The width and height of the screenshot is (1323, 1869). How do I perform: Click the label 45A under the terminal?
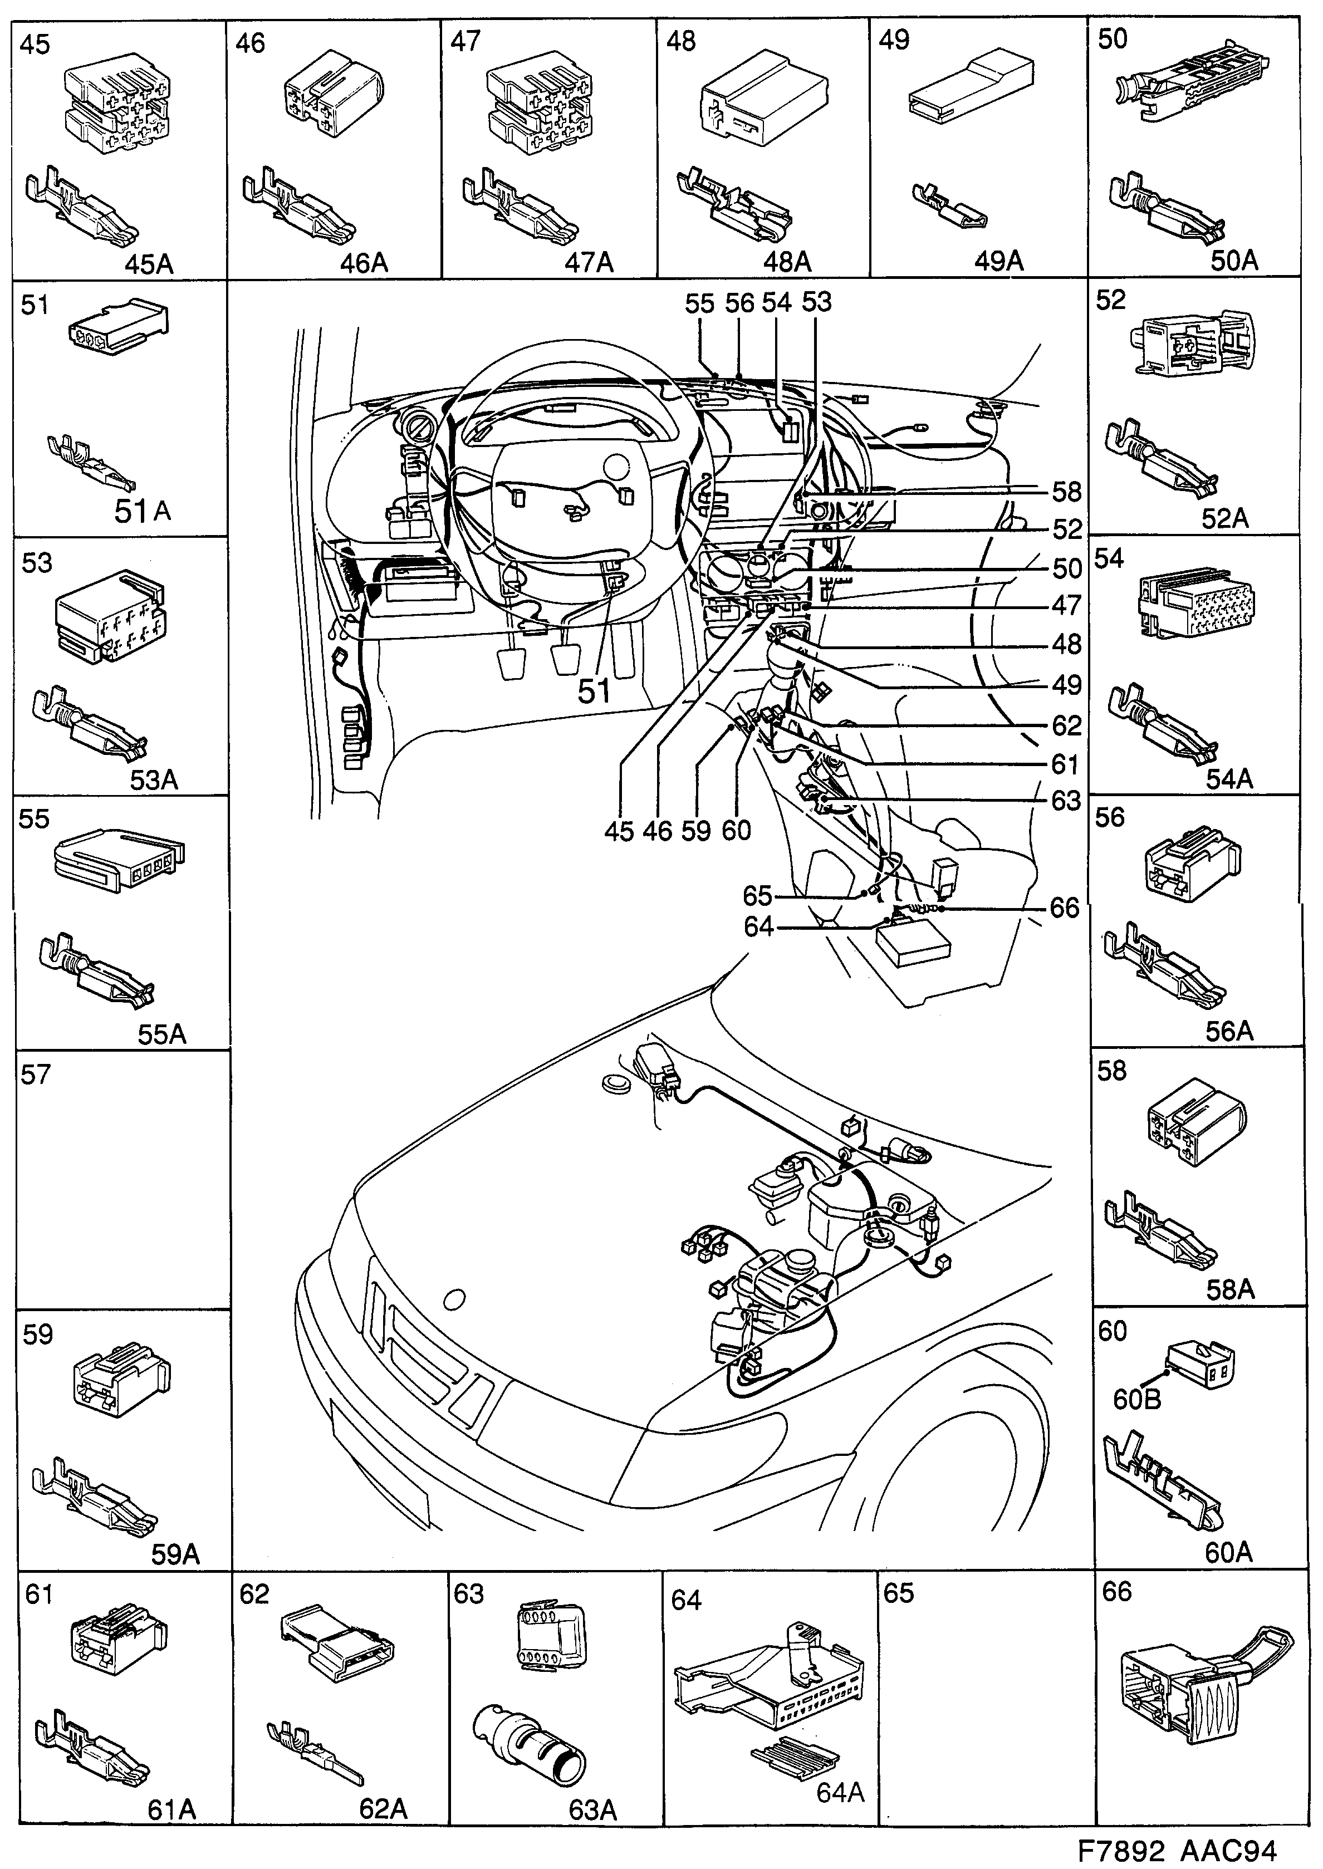(149, 264)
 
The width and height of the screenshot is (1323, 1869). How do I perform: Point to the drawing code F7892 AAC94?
(1177, 1850)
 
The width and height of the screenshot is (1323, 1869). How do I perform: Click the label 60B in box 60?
(1136, 1399)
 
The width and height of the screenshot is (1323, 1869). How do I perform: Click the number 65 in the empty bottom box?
(899, 1593)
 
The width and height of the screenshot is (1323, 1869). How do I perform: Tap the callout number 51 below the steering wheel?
(595, 691)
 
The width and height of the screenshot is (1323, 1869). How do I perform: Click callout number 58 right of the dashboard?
(1066, 492)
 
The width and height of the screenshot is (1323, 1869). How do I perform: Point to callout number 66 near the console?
(1064, 908)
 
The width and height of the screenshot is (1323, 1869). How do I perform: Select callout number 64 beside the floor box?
(758, 927)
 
